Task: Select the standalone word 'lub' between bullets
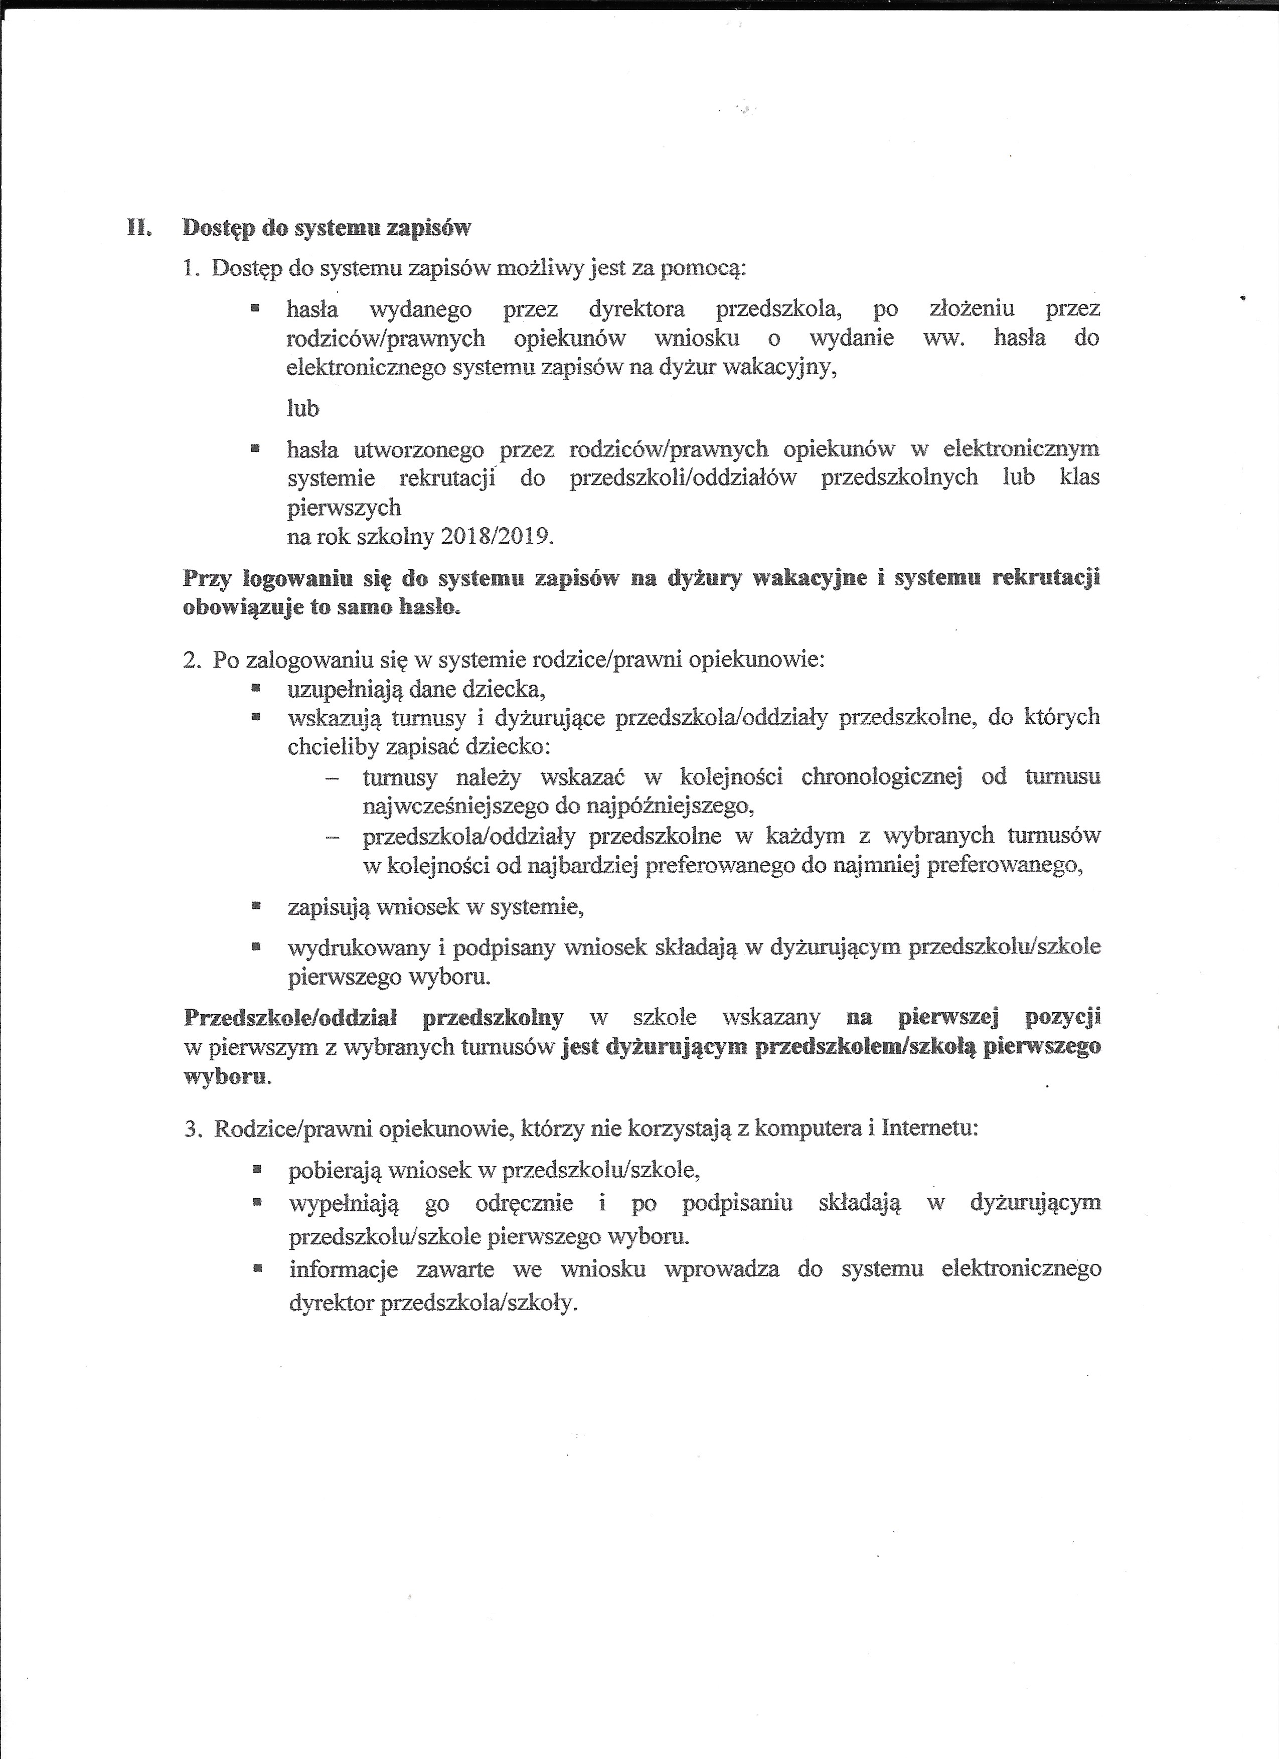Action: coord(302,409)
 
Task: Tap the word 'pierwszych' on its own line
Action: coord(345,507)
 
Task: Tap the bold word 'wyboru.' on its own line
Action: coord(227,1077)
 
